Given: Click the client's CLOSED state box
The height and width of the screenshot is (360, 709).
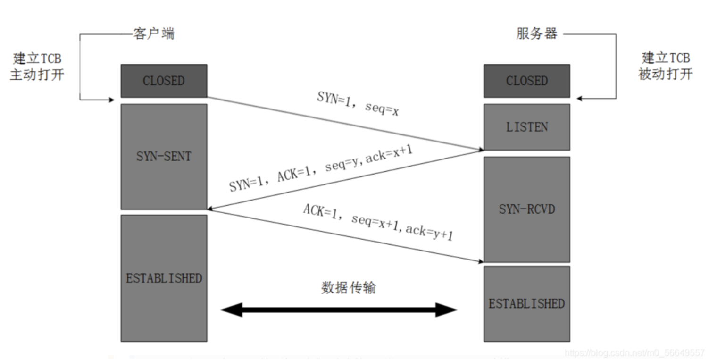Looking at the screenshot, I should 164,81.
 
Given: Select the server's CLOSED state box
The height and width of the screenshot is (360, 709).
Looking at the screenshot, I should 526,81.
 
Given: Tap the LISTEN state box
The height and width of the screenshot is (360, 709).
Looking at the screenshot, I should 526,127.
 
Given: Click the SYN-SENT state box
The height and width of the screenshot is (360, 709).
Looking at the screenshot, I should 164,157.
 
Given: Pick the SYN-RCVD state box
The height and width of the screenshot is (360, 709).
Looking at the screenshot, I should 526,209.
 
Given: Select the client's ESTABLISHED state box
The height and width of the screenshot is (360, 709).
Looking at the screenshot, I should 164,278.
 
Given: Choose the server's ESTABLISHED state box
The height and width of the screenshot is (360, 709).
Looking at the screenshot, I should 526,303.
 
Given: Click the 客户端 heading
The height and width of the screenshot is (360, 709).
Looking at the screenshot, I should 153,34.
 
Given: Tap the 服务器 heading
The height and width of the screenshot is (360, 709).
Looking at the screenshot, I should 537,33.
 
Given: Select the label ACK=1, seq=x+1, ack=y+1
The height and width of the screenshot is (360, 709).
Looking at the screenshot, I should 378,223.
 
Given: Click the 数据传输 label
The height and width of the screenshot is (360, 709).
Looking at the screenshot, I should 349,288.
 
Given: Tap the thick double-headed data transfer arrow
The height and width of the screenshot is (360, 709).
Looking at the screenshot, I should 339,310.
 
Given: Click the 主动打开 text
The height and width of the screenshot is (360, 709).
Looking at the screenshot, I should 37,75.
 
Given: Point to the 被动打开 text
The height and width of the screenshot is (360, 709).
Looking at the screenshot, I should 666,74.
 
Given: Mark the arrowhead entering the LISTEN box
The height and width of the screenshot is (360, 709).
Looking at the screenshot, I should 480,150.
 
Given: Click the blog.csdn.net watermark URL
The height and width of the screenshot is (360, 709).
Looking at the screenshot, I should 634,353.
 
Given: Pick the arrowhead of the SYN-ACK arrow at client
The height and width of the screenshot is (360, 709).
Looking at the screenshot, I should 210,209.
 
